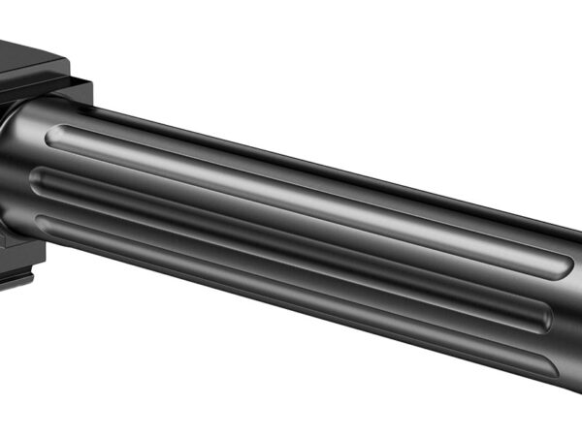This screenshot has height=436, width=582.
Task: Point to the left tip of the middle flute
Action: tap(39, 178)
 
